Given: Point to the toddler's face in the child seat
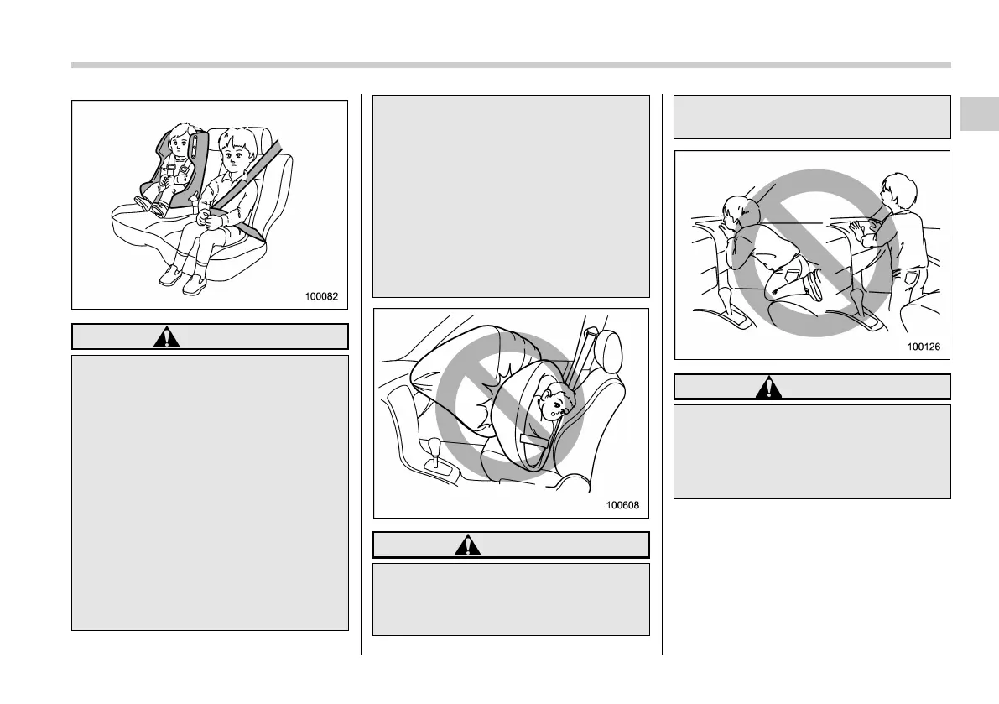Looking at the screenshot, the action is pos(180,143).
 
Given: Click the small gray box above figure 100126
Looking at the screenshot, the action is pos(812,117).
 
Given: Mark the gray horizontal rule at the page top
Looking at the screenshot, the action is pos(511,65).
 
